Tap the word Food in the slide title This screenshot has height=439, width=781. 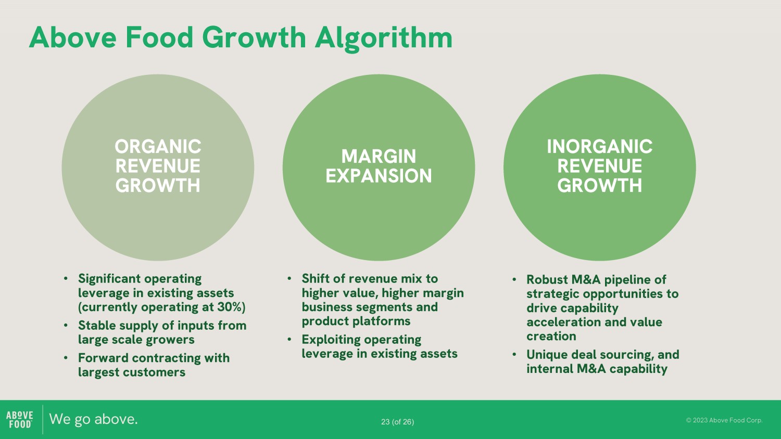[159, 37]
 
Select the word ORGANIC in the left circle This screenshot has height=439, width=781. [158, 146]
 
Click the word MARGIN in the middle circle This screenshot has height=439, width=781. [379, 156]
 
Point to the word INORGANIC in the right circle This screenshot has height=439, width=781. [600, 146]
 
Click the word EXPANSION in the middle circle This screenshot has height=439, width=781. [379, 176]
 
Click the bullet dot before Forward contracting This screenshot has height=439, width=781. [66, 358]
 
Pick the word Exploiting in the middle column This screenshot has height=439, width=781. [331, 340]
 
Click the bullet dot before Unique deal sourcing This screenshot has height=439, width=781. [514, 355]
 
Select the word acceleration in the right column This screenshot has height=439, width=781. [563, 322]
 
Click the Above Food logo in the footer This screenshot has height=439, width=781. [20, 419]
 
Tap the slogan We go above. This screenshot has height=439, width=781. [93, 419]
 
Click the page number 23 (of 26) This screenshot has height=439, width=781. [397, 422]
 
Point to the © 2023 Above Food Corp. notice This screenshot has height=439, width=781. [724, 420]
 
